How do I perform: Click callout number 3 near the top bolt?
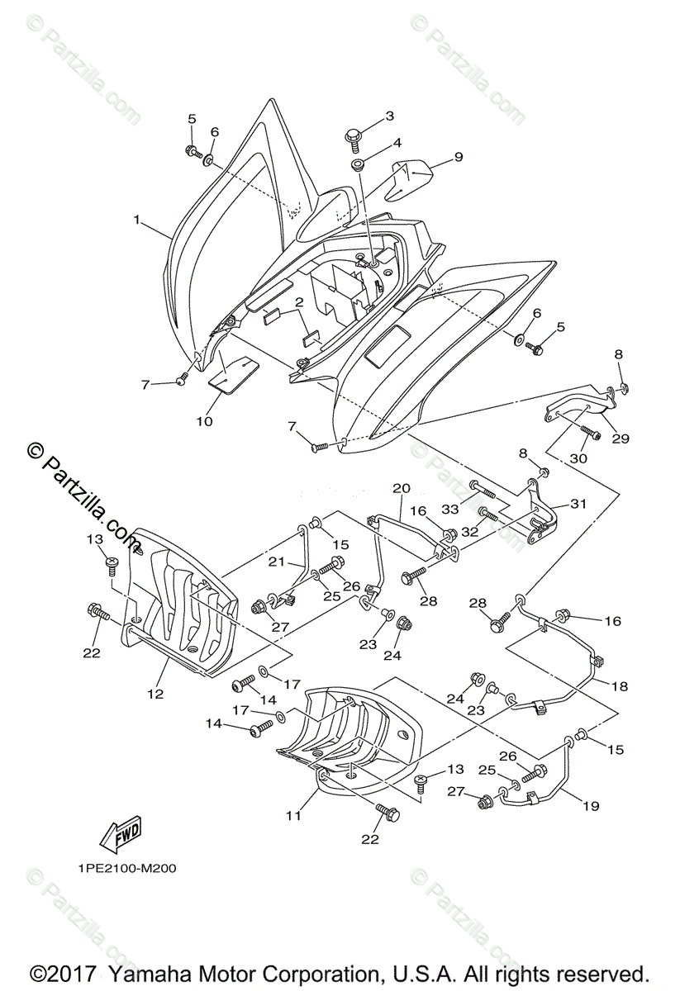click(x=389, y=116)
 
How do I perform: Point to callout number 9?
click(x=458, y=156)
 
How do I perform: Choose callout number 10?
click(x=204, y=421)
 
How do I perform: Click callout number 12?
click(x=156, y=694)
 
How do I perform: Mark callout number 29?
click(x=620, y=439)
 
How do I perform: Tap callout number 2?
click(x=298, y=302)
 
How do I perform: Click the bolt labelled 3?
click(x=355, y=135)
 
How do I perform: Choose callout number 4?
click(x=397, y=143)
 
